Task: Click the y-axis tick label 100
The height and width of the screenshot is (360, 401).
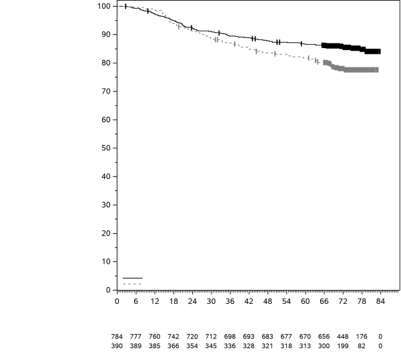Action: [x=103, y=6]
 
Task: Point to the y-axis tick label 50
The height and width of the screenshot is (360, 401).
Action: [x=105, y=148]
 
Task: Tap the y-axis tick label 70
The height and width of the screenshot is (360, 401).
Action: [x=105, y=92]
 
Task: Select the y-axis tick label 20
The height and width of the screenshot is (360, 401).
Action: [x=105, y=233]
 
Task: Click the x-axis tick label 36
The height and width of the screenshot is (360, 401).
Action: [x=230, y=301]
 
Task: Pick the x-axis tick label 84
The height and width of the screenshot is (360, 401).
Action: [x=380, y=301]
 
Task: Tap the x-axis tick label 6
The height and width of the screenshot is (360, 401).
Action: [x=136, y=301]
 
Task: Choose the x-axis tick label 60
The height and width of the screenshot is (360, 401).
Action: [x=305, y=301]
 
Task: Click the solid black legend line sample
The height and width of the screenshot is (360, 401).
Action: [x=132, y=278]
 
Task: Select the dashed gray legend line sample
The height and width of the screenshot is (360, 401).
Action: [x=132, y=284]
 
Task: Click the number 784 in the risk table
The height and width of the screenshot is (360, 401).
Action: [x=117, y=337]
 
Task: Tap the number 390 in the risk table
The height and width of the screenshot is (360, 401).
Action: [x=117, y=346]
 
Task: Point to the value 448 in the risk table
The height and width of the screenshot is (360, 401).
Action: [x=342, y=337]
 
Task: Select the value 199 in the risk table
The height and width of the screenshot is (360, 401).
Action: [x=342, y=346]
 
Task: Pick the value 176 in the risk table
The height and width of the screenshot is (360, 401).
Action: [x=361, y=337]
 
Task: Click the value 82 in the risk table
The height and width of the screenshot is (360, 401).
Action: [x=361, y=346]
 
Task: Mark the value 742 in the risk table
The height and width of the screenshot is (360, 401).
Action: [x=173, y=337]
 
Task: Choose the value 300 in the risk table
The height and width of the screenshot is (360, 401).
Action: [x=324, y=346]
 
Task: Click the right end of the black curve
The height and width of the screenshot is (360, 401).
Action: [x=380, y=51]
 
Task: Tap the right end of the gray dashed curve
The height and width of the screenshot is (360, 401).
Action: [x=377, y=69]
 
